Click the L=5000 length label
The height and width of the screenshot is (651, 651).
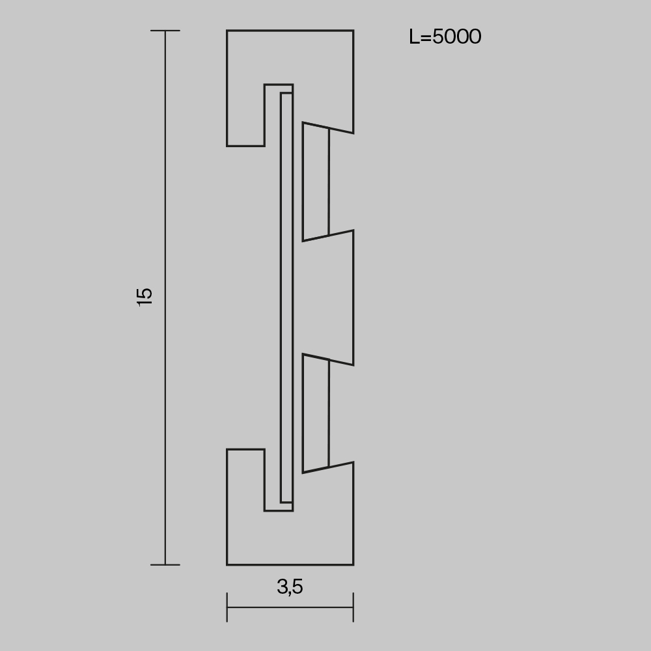pos(445,37)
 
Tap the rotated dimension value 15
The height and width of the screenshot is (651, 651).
pos(145,296)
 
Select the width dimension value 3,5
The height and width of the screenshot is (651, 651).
pos(290,587)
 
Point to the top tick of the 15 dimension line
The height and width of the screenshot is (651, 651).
pos(165,31)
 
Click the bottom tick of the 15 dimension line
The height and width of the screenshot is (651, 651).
pos(165,564)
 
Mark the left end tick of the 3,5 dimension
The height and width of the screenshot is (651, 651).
pos(227,607)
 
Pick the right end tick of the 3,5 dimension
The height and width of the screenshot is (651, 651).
pos(353,607)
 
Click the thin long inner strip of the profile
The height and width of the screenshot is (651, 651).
pos(286,298)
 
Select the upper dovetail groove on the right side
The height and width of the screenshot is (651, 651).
pos(316,181)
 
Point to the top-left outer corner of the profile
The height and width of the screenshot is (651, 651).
pos(227,31)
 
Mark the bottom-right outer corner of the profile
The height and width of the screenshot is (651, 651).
pos(353,564)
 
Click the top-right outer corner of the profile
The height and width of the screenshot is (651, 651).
pos(353,31)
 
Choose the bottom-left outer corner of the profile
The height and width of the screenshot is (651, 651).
pos(227,564)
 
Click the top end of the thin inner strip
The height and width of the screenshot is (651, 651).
pos(286,94)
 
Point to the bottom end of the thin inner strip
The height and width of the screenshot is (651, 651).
pos(286,501)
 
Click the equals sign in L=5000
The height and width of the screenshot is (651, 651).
pos(425,38)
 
